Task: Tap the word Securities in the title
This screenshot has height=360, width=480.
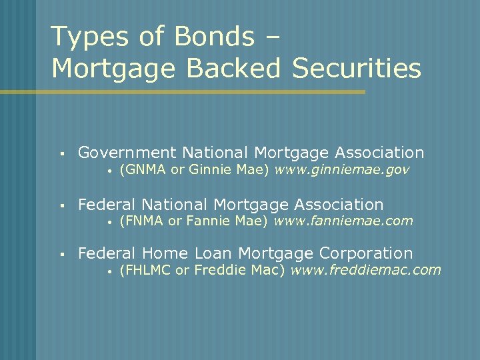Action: click(x=357, y=69)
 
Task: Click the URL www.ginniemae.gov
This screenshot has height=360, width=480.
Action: click(x=342, y=170)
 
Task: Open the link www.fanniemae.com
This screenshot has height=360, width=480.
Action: click(x=343, y=220)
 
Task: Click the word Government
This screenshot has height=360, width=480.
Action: click(x=127, y=153)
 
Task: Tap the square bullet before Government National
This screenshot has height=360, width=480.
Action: click(x=61, y=154)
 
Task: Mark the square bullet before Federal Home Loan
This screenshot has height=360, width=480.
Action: click(x=61, y=254)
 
